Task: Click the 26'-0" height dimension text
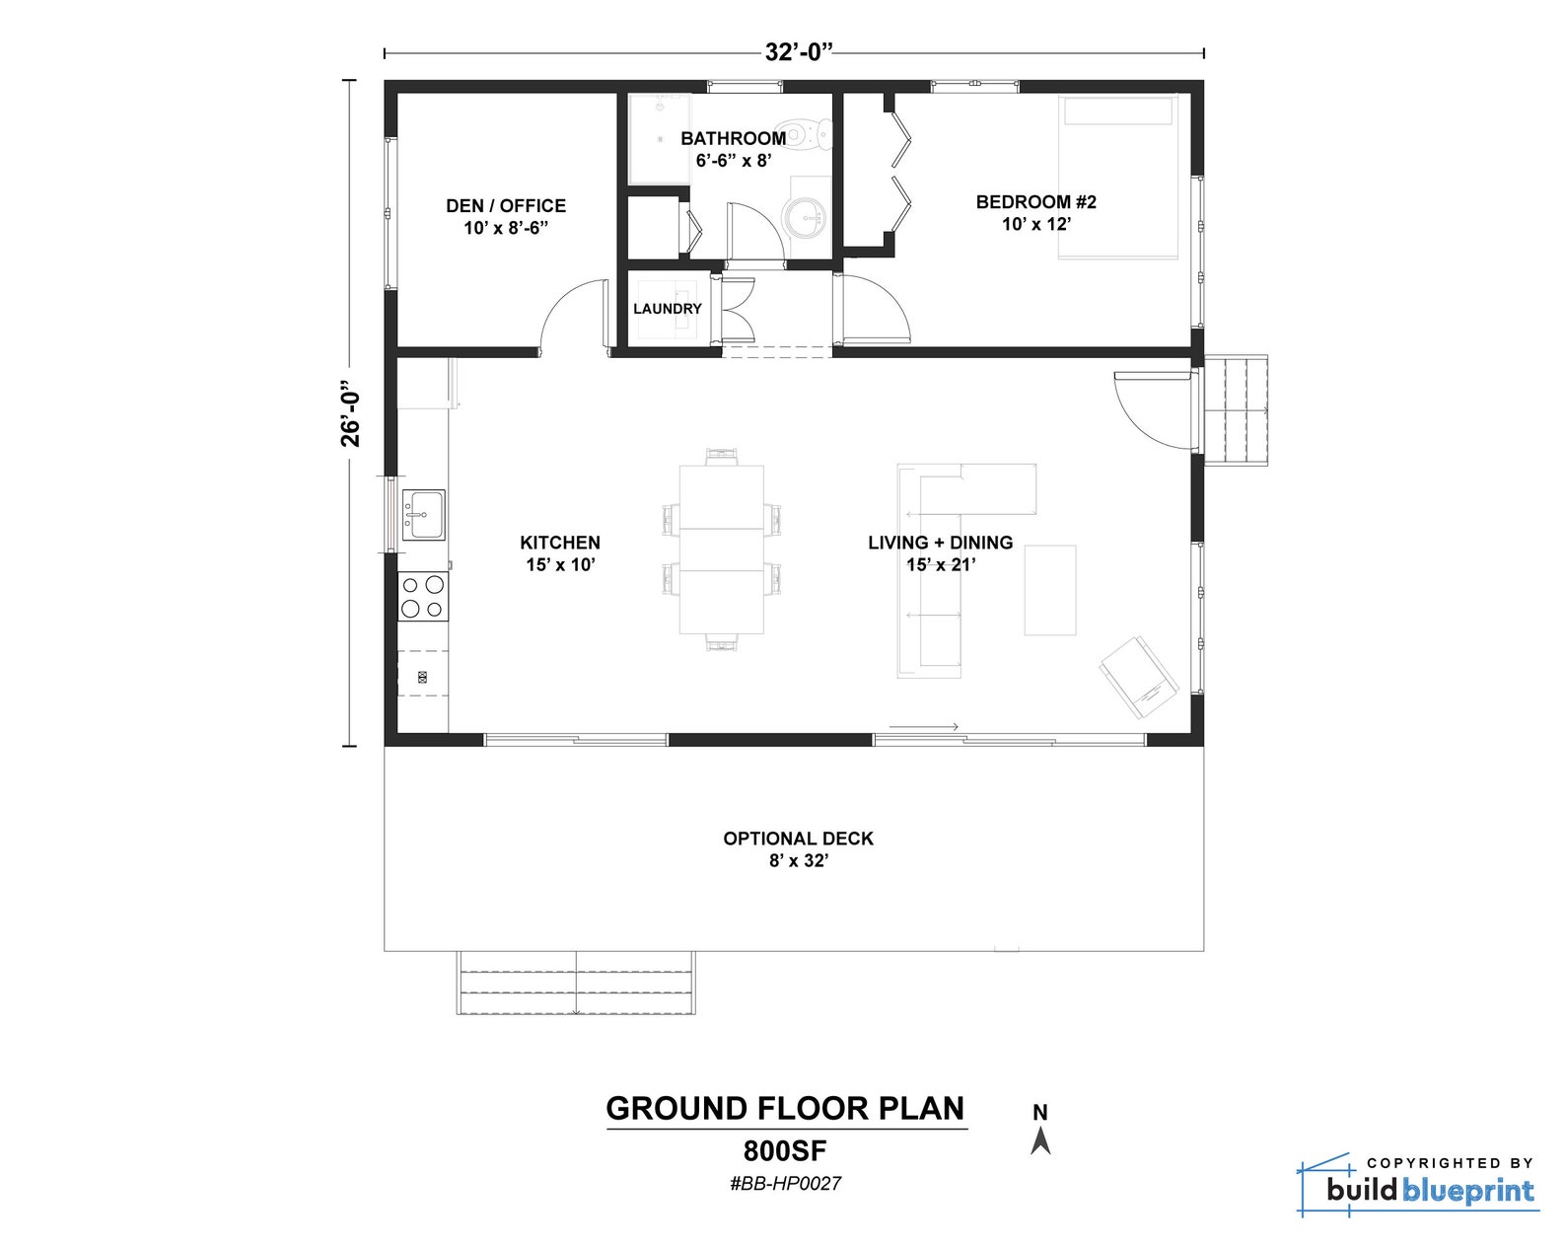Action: point(351,413)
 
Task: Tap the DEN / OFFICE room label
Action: point(506,216)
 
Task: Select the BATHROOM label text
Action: point(733,139)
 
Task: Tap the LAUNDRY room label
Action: point(667,309)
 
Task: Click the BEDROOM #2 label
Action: point(1035,212)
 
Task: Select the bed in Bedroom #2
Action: point(1118,178)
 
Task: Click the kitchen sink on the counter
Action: point(424,515)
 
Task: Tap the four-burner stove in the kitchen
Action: point(422,596)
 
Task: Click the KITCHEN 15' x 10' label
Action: point(560,552)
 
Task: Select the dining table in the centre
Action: point(721,550)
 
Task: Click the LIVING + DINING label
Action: point(940,552)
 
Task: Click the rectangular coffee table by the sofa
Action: point(1049,590)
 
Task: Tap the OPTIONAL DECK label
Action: point(798,848)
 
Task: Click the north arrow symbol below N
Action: point(1040,1141)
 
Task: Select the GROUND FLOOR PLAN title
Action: point(785,1109)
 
